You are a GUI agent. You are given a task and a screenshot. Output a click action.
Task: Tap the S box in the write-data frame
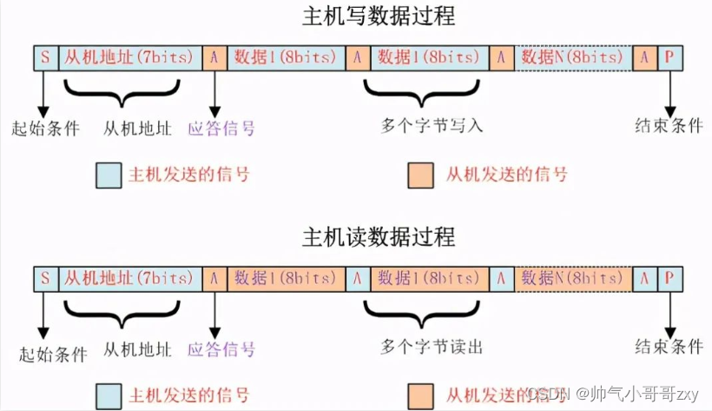[45, 58]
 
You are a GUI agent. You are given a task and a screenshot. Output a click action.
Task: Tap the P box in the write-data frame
[669, 58]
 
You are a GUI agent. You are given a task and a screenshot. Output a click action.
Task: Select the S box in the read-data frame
[45, 278]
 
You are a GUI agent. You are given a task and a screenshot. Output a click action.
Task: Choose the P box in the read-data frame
[669, 278]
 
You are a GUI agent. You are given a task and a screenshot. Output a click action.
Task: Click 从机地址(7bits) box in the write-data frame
[130, 58]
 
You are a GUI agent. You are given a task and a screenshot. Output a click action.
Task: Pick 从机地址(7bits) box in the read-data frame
[130, 278]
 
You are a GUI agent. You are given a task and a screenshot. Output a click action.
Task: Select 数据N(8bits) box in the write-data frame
[572, 58]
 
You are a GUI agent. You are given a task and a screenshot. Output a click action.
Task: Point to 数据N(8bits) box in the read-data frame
[572, 278]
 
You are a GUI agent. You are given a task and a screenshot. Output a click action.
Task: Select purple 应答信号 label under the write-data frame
[221, 129]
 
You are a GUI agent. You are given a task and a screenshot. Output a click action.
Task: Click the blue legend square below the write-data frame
[109, 175]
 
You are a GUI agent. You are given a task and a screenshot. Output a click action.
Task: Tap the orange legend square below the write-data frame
[421, 175]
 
